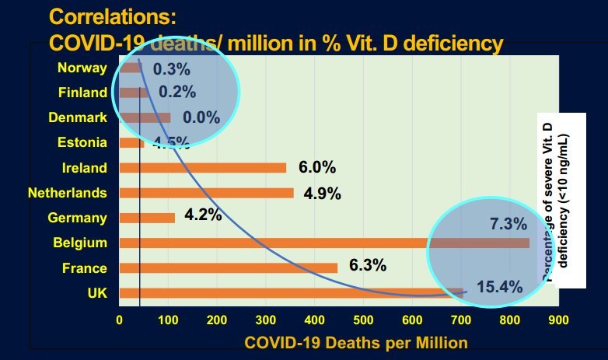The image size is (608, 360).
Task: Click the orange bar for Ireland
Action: click(202, 167)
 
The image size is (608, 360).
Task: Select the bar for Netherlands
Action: click(206, 193)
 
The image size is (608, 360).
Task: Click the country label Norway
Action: click(82, 68)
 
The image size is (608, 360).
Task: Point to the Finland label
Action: click(82, 93)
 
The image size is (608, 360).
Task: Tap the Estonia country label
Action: click(82, 142)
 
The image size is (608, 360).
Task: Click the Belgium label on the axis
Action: click(79, 243)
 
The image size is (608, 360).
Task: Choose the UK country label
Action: click(96, 292)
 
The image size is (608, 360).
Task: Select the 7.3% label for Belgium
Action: click(508, 225)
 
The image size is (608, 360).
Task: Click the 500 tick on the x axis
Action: click(363, 320)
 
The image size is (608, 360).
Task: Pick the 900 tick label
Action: click(558, 320)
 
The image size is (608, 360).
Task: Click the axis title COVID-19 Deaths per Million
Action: click(356, 341)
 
